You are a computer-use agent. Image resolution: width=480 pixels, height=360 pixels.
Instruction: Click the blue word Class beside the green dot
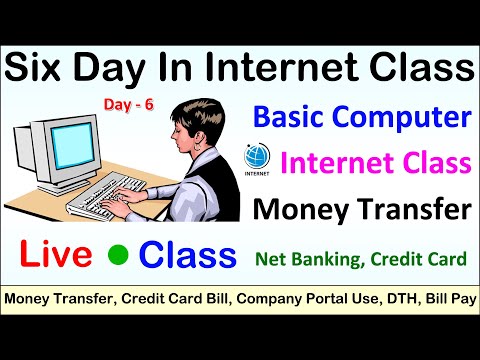point(188,256)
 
